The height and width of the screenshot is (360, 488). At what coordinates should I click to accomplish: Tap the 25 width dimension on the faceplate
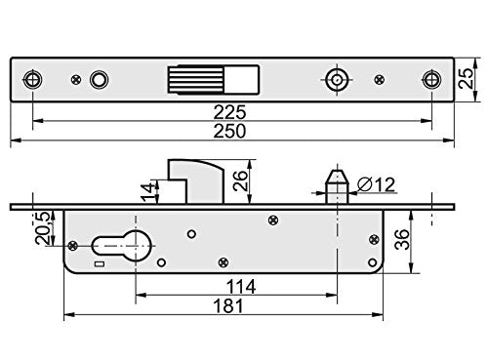(x=471, y=79)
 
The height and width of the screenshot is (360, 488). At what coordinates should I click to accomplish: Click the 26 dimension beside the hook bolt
(x=238, y=180)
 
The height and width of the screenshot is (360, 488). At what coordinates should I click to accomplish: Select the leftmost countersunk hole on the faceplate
(x=34, y=79)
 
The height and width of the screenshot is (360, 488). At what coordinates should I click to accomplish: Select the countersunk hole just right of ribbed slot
(x=337, y=79)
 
